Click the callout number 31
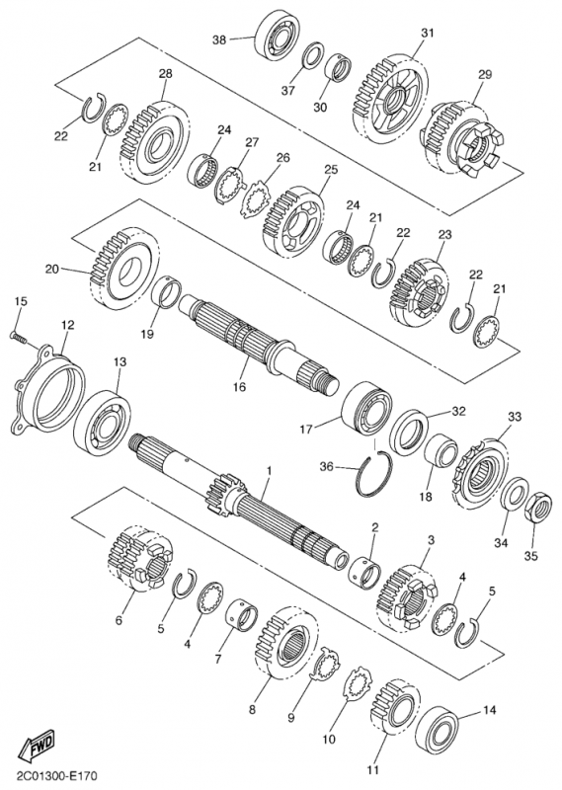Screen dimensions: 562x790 428,34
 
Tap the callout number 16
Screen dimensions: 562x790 239,387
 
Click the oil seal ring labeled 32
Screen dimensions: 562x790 409,432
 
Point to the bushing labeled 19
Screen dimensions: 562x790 165,293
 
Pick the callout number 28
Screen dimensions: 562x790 165,73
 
